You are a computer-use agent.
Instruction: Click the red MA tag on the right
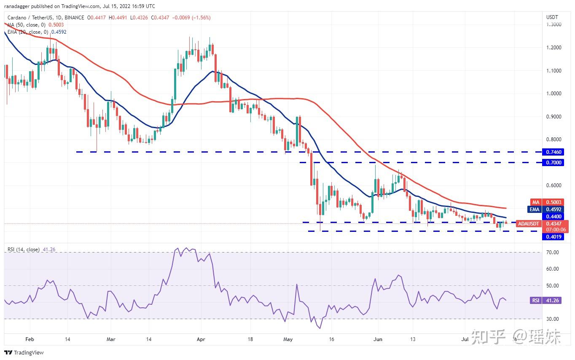(x=535, y=203)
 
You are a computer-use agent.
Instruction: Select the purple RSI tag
(x=535, y=301)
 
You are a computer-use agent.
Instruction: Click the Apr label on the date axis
(x=201, y=339)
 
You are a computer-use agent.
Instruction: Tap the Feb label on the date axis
(x=30, y=339)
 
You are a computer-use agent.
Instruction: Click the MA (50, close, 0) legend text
(x=29, y=25)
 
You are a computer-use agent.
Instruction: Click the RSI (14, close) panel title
(x=24, y=250)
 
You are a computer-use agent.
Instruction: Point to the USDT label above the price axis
(x=552, y=17)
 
